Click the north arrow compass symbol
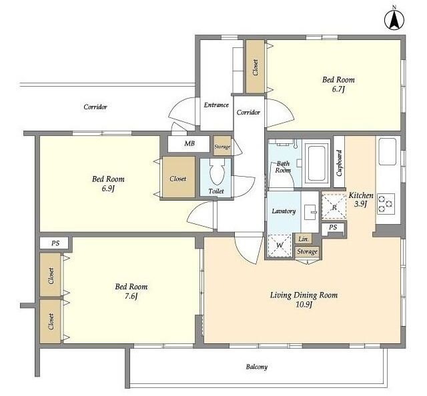click(x=394, y=19)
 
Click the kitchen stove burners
click(x=386, y=203)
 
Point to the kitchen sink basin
click(x=387, y=151)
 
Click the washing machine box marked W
click(x=280, y=245)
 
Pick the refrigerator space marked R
click(x=334, y=206)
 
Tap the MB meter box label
click(x=189, y=143)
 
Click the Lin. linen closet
click(x=303, y=239)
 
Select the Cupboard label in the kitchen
click(x=340, y=163)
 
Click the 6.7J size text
click(x=338, y=89)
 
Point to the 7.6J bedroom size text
click(x=131, y=296)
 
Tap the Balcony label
click(x=257, y=367)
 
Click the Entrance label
click(x=216, y=105)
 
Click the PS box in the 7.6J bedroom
click(x=55, y=243)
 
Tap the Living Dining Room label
click(x=304, y=295)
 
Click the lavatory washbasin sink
click(x=310, y=212)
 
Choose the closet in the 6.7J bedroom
click(x=256, y=67)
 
